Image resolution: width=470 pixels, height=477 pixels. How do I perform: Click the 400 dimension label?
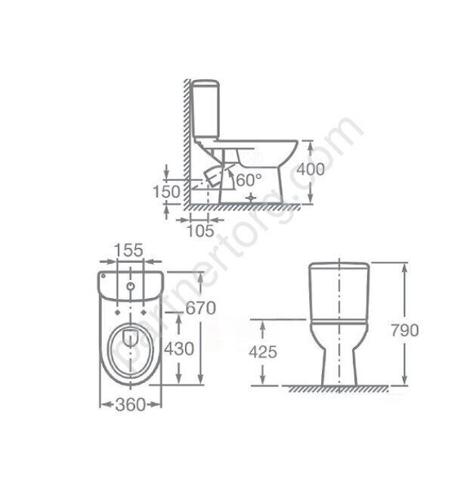tap(311, 169)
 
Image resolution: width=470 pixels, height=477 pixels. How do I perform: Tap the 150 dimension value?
tap(166, 192)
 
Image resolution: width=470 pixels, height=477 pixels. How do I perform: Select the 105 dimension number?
tap(200, 231)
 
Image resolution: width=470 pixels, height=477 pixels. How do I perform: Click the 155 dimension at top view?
tap(129, 250)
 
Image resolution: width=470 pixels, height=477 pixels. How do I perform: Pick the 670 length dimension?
tap(201, 308)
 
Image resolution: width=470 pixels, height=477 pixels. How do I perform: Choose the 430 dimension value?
tap(179, 349)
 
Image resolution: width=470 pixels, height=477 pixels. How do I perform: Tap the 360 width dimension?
tap(130, 405)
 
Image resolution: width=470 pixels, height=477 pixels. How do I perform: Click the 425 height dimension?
tap(263, 352)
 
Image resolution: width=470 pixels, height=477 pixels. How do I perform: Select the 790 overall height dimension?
tap(404, 330)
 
